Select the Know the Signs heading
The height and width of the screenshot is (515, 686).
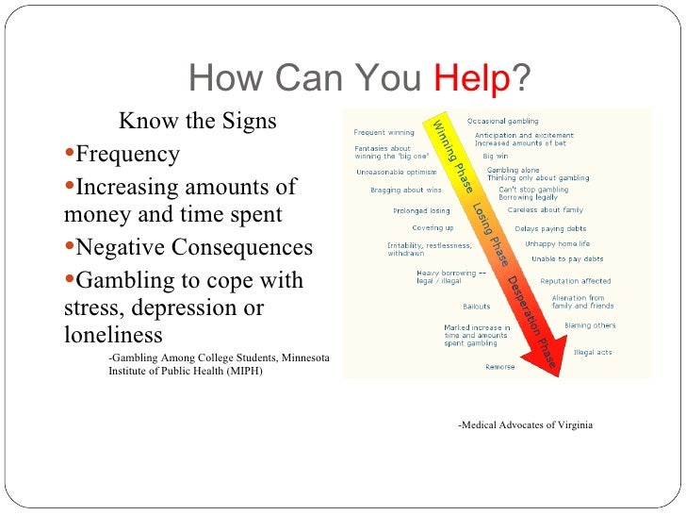click(x=197, y=123)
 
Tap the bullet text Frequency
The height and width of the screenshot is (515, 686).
click(x=127, y=154)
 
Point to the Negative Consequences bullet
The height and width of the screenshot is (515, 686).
click(x=193, y=247)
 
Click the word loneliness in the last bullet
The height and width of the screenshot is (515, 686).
click(x=113, y=336)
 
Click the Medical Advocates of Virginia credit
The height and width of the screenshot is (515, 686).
click(x=525, y=425)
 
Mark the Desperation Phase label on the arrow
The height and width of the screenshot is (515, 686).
click(x=531, y=320)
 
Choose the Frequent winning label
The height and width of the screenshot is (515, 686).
click(x=384, y=132)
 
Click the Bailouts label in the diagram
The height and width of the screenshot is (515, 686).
click(x=476, y=306)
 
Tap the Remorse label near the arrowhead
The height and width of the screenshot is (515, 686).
click(x=499, y=367)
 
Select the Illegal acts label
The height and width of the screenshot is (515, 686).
click(x=593, y=352)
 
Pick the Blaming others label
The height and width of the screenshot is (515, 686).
click(x=590, y=325)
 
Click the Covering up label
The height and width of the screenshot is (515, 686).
click(x=433, y=228)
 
